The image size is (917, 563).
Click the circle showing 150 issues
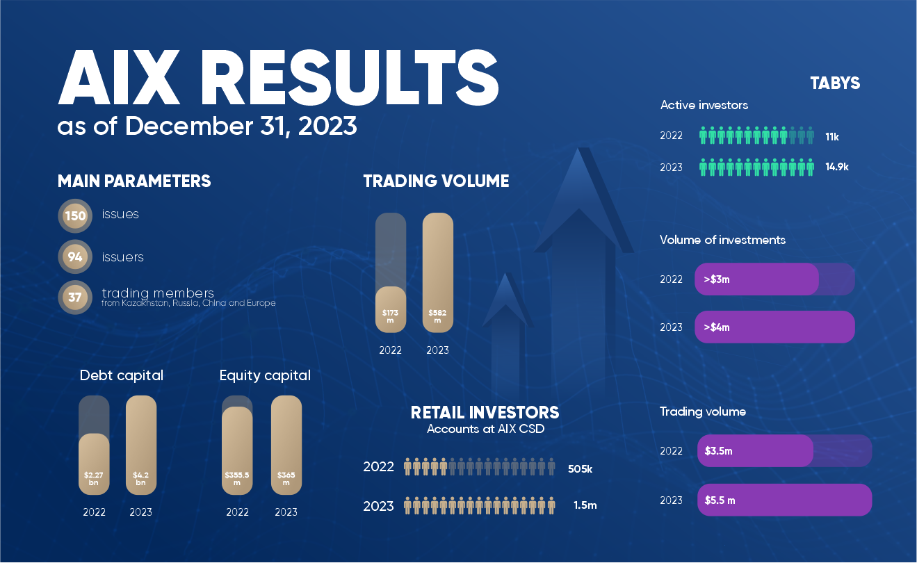[x=75, y=215]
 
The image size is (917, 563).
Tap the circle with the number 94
[x=75, y=257]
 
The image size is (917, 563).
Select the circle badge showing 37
[x=75, y=297]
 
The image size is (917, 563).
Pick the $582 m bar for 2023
[x=438, y=273]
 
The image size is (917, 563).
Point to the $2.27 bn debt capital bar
[x=94, y=464]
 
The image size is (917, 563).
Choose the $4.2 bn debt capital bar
[x=140, y=445]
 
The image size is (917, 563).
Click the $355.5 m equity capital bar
[x=237, y=450]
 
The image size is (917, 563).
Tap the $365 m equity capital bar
[x=286, y=445]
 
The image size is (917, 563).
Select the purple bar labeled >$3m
[x=756, y=279]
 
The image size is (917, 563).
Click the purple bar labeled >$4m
[x=774, y=327]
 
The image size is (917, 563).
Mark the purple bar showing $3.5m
[x=755, y=451]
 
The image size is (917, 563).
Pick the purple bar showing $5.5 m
[x=784, y=500]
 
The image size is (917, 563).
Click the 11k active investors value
[x=832, y=137]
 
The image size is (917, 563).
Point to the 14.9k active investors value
[x=837, y=168]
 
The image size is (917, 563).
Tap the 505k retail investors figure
[x=580, y=468]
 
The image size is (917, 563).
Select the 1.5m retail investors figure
[x=585, y=505]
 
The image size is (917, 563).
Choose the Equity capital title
[x=265, y=376]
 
